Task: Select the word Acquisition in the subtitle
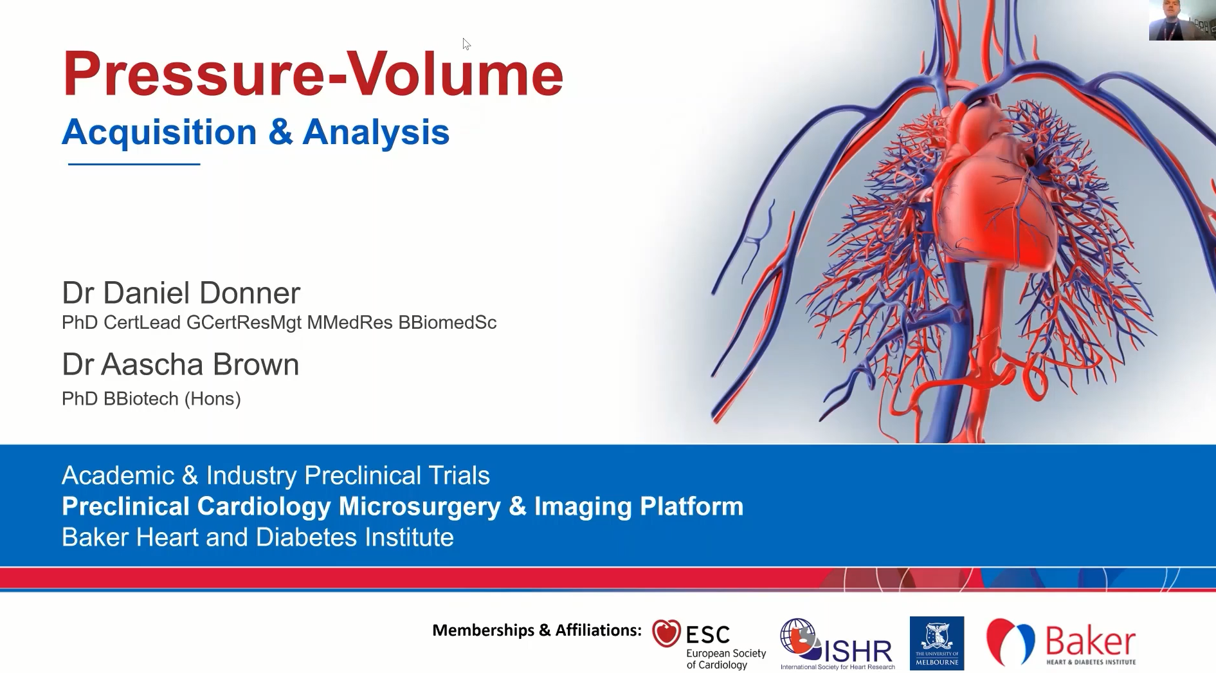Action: [159, 132]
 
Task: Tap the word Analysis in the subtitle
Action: [376, 132]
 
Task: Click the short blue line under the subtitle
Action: [134, 164]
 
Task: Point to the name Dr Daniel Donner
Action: [181, 293]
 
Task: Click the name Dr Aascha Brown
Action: [181, 364]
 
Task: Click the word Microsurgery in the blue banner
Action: [420, 507]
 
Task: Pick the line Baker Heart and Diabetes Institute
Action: [258, 537]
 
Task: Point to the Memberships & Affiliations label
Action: [537, 630]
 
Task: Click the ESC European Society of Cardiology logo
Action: [709, 644]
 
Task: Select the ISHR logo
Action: [837, 644]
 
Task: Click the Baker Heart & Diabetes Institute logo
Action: [1062, 643]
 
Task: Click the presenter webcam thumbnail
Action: [1182, 21]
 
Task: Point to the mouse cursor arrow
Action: [466, 44]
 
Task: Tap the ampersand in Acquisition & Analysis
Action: [280, 133]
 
